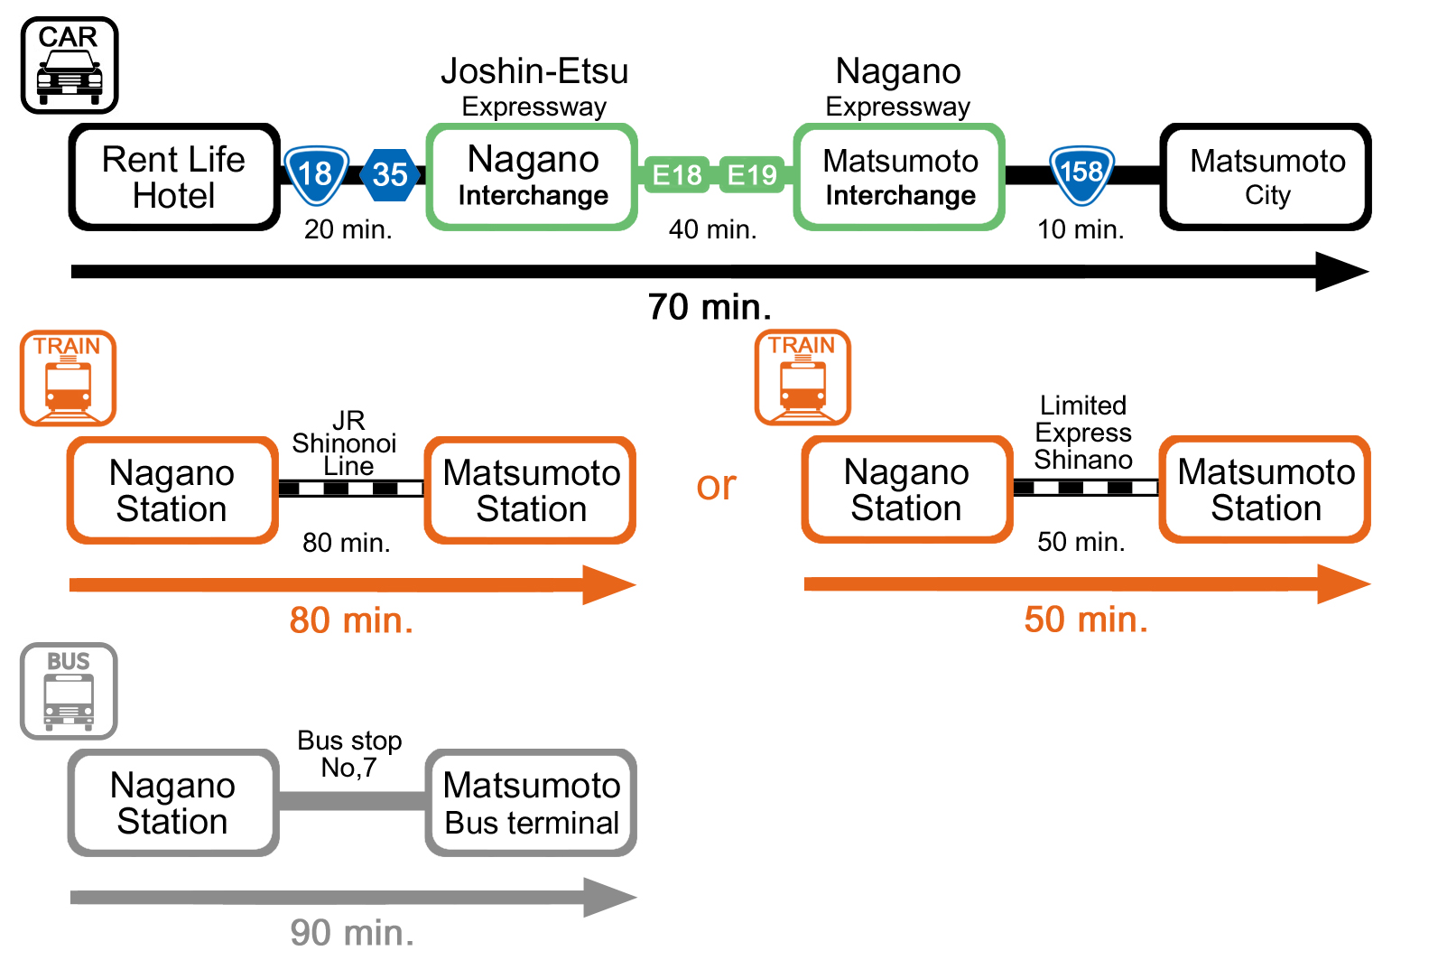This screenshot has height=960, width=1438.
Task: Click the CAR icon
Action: click(x=70, y=65)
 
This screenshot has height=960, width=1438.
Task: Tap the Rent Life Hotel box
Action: click(x=173, y=177)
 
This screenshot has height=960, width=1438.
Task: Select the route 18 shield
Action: click(x=315, y=173)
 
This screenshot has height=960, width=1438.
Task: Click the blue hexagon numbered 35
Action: click(x=390, y=174)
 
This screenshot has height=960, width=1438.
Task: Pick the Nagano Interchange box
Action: click(x=533, y=177)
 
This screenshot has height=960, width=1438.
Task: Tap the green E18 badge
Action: click(x=677, y=174)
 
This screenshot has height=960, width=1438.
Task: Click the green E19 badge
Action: click(x=752, y=174)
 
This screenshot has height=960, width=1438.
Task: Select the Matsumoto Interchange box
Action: click(x=900, y=177)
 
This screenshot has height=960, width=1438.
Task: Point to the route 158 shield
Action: click(x=1081, y=172)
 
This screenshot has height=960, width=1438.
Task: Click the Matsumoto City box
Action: click(x=1266, y=177)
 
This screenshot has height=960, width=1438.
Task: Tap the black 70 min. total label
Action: click(x=710, y=307)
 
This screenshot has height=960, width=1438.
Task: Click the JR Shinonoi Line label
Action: click(x=346, y=443)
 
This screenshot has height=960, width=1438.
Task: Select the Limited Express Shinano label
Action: click(x=1082, y=433)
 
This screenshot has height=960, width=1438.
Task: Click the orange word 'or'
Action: click(x=717, y=486)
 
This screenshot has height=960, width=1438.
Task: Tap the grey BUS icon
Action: click(x=69, y=691)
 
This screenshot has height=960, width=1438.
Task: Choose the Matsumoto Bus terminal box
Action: click(x=531, y=803)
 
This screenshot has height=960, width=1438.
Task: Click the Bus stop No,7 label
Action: click(x=349, y=754)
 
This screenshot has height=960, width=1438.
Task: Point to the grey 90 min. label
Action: click(x=352, y=932)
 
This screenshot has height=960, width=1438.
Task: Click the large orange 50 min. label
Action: click(x=1086, y=620)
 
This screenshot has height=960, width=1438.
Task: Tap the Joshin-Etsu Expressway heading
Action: click(x=534, y=87)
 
